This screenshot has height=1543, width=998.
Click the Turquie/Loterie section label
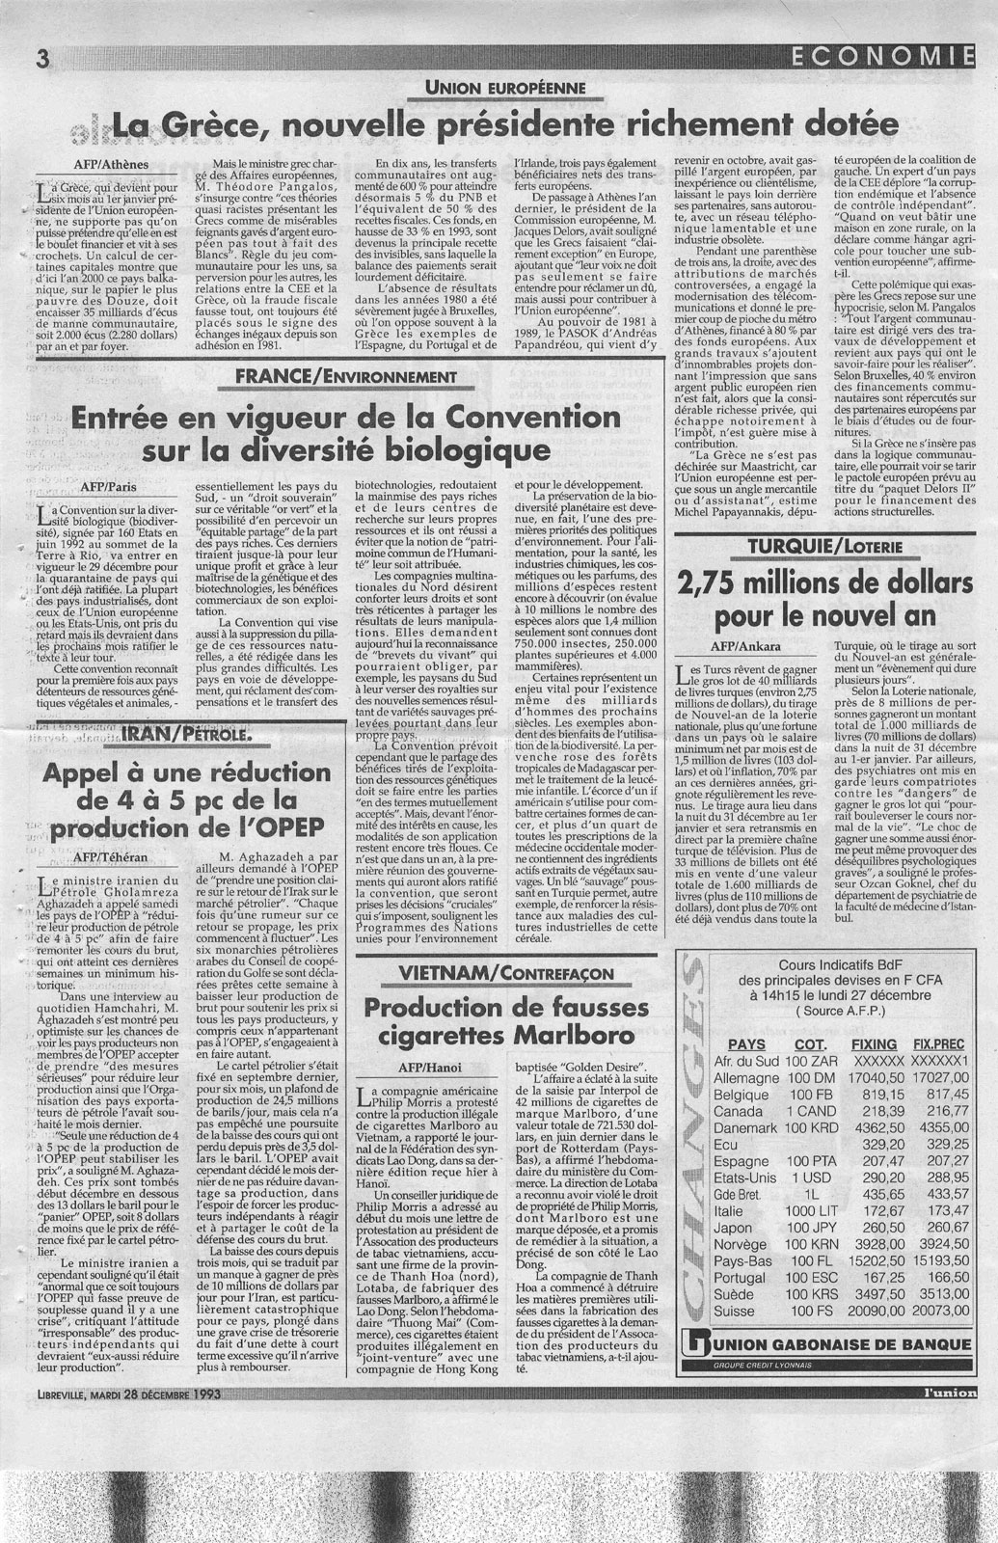click(x=831, y=547)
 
